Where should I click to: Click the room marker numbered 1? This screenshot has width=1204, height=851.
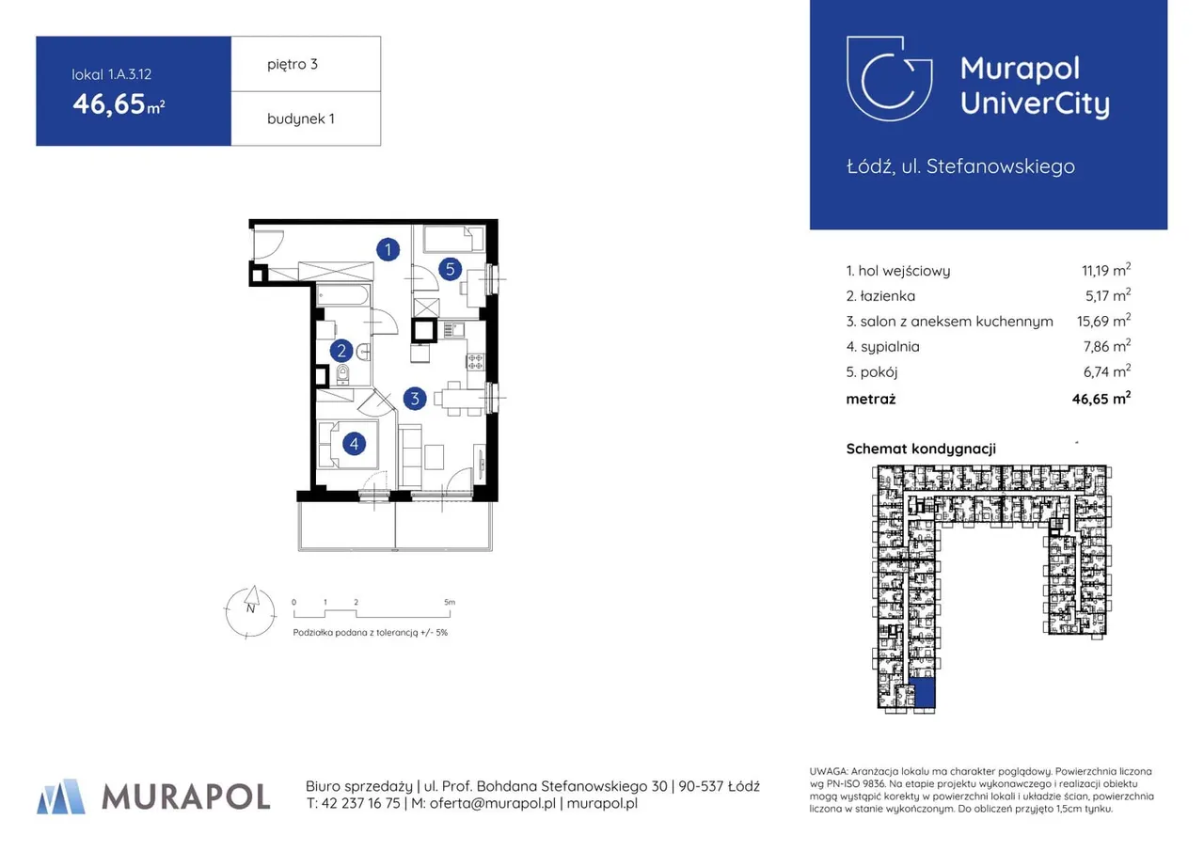[x=388, y=250]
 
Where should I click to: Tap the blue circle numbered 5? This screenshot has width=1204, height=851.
[x=450, y=269]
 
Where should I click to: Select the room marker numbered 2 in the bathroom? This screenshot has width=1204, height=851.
[x=341, y=351]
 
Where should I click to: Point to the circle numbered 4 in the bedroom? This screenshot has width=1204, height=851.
[x=354, y=444]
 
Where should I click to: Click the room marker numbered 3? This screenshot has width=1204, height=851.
[x=415, y=399]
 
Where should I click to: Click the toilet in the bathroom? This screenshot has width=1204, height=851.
[x=342, y=374]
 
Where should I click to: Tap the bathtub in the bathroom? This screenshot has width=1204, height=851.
[x=343, y=296]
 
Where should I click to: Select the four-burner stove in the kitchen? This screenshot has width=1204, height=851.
[x=475, y=362]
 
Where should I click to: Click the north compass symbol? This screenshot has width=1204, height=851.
[x=250, y=612]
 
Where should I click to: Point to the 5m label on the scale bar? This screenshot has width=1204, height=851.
[x=450, y=602]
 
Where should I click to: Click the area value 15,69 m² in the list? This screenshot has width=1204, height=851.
[x=1103, y=321]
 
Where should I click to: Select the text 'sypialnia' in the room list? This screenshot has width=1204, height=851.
[x=890, y=347]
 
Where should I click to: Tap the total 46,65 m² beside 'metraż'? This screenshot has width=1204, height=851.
[x=1101, y=398]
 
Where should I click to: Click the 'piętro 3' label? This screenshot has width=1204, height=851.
[x=293, y=65]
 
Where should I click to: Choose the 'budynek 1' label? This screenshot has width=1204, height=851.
[x=300, y=118]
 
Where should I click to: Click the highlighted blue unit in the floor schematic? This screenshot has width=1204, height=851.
[x=925, y=693]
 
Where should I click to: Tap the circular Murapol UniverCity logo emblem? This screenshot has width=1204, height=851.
[x=889, y=78]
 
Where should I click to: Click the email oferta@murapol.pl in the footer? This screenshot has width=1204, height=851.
[x=492, y=803]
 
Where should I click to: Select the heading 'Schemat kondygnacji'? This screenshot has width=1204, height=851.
[x=921, y=449]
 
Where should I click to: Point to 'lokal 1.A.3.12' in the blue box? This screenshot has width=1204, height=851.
[x=112, y=74]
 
